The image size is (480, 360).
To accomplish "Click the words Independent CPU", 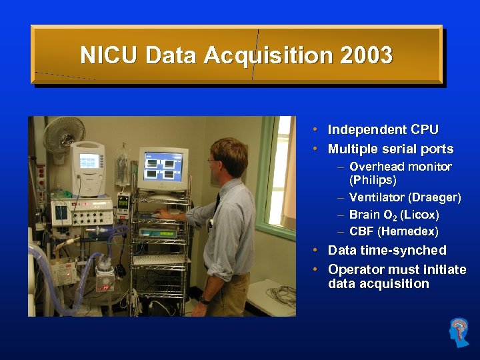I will (383, 130).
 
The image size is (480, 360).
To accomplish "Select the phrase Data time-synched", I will (387, 251).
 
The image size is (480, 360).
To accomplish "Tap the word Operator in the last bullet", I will (357, 270).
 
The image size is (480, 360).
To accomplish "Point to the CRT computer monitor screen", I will (163, 165).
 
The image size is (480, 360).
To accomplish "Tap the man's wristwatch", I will (205, 301).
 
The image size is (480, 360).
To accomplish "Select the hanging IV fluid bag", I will (123, 167).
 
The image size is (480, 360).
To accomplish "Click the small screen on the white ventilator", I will (89, 161).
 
